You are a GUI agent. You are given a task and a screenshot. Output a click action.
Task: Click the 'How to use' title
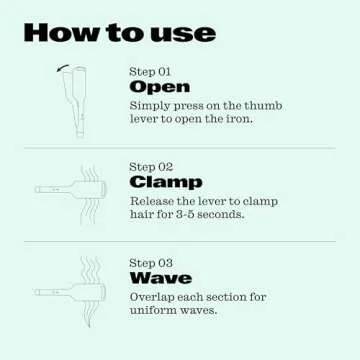point(119,32)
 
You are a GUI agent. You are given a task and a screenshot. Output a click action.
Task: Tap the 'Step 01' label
point(151,72)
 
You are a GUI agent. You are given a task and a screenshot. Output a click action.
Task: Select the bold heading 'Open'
point(159,88)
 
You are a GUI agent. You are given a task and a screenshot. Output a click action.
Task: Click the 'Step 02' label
point(151,167)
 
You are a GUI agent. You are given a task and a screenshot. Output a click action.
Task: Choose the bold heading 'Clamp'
point(166,183)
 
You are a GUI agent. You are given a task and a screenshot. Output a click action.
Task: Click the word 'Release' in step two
point(152,201)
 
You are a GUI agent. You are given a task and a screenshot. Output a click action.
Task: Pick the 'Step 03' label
point(151,263)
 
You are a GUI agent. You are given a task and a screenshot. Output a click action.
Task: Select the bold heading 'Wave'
point(160,278)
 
